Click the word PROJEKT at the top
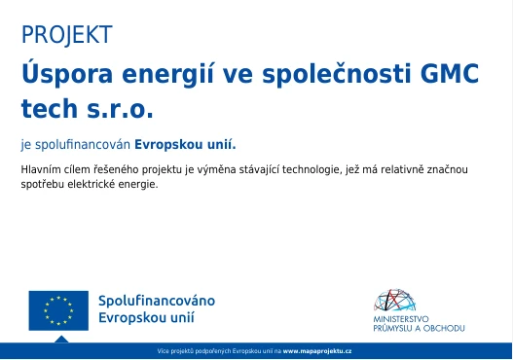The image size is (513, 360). tap(66, 36)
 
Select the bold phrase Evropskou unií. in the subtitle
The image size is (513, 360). tap(185, 144)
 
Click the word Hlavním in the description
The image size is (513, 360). tap(40, 170)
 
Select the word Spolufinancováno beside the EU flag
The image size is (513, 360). tap(157, 301)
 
